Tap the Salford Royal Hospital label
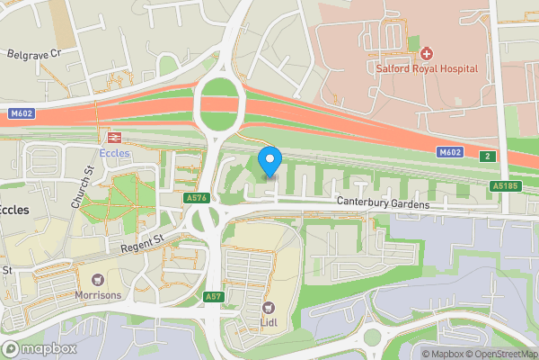428,68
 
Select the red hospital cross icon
427,54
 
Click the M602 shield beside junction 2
451,153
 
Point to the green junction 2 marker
487,157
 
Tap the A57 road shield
213,296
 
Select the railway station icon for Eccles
114,138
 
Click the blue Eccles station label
115,153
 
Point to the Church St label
83,184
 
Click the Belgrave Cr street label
33,54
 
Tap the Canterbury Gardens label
384,204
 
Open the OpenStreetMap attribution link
499,353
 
